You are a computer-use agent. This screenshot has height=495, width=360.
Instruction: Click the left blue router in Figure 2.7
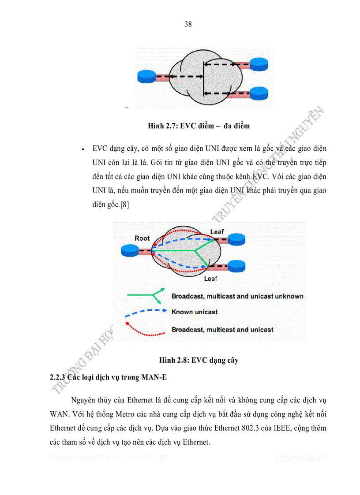coord(145,77)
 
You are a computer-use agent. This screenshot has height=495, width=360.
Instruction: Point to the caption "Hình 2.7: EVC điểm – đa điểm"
coord(199,126)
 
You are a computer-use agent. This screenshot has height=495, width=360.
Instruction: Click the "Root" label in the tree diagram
coord(142,238)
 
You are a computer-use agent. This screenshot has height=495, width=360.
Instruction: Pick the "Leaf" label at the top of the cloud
coord(217,231)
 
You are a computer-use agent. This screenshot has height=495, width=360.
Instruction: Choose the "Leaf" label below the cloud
coord(210,279)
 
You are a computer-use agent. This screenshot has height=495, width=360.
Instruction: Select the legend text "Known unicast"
coord(195,312)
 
